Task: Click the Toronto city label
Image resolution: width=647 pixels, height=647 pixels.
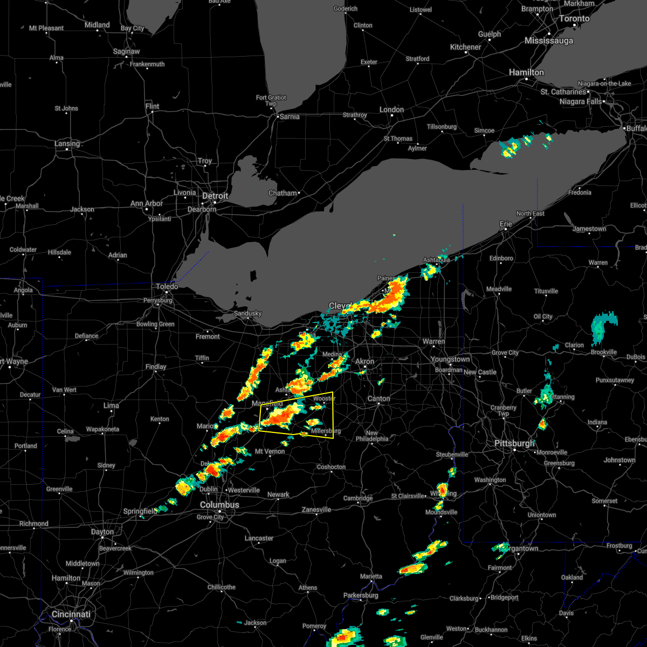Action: [574, 18]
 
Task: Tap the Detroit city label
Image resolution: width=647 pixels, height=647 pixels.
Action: [216, 196]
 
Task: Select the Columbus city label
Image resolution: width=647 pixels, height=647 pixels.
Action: [219, 505]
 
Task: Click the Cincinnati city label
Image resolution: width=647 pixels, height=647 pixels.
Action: [71, 614]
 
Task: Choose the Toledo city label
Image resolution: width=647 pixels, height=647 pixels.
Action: [167, 287]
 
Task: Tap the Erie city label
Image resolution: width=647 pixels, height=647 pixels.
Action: [506, 224]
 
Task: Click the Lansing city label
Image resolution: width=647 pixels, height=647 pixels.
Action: [67, 144]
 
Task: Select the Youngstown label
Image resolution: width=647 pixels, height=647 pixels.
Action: [450, 359]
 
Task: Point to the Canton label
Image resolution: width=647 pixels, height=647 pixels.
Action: [378, 398]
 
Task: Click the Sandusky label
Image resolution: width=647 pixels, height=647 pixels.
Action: [247, 313]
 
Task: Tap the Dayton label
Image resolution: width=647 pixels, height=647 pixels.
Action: [102, 532]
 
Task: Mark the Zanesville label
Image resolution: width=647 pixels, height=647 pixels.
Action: [316, 510]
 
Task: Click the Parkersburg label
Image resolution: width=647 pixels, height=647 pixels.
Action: [362, 595]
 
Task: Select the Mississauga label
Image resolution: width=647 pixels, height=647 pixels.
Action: [549, 41]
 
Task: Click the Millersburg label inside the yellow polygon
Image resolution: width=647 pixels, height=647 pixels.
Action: [326, 431]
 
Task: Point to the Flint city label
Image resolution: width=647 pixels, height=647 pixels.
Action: [153, 106]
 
